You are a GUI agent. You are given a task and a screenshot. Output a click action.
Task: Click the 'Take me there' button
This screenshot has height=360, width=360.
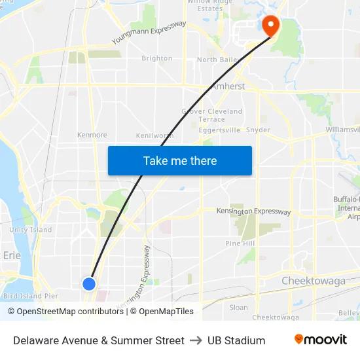click(180, 160)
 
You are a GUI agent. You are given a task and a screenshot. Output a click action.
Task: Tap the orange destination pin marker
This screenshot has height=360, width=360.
click(270, 26)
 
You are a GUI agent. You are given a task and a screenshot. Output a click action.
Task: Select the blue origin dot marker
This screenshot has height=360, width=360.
click(89, 283)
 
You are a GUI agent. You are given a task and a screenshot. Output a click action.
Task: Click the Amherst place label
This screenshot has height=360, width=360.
click(227, 86)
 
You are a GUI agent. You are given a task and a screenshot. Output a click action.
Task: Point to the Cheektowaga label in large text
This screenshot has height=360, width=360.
click(313, 281)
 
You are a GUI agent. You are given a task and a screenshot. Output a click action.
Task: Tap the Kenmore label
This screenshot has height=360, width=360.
click(92, 135)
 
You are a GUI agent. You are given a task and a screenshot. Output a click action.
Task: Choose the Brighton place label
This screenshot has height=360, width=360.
click(157, 58)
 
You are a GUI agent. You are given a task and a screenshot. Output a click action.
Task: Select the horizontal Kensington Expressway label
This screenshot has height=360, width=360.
click(253, 211)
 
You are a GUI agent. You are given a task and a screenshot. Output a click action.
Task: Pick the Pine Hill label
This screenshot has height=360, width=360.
click(239, 243)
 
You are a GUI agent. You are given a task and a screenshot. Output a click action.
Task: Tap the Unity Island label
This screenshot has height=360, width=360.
click(31, 230)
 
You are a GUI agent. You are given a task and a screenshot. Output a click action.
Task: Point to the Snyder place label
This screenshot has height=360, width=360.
click(258, 130)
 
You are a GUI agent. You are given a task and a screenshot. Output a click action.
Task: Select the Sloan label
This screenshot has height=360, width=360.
click(239, 307)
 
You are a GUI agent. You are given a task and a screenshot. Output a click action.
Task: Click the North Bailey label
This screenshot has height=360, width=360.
click(217, 60)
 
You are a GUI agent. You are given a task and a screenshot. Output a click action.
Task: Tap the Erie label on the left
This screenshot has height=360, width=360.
click(12, 255)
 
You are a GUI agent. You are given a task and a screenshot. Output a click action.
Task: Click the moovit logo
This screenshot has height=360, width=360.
click(321, 339)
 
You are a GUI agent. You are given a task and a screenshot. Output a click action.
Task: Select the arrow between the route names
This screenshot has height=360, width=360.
click(196, 340)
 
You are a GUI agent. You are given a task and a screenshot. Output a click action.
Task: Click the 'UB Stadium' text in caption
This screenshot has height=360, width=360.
click(236, 340)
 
